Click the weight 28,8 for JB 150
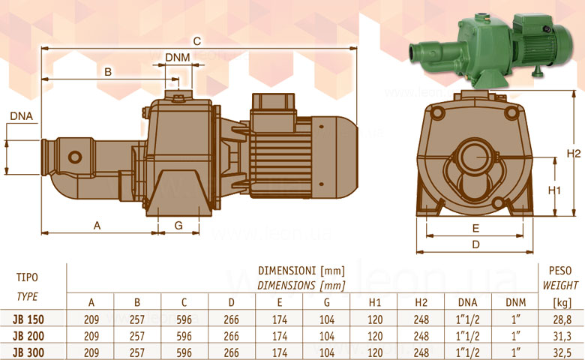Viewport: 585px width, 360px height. [562, 319]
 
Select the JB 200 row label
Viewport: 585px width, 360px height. [28, 336]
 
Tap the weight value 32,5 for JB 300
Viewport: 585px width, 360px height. [562, 352]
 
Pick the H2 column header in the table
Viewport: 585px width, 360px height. [421, 302]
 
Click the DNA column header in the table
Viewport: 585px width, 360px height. [467, 302]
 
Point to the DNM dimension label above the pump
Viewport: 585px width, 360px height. [177, 58]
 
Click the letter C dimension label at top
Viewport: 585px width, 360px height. [197, 41]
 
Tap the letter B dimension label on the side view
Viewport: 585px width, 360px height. [108, 72]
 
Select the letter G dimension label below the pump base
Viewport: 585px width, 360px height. [178, 225]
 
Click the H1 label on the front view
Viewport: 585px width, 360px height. [554, 190]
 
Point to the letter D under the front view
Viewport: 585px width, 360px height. [475, 244]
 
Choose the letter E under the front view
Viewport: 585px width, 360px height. [475, 228]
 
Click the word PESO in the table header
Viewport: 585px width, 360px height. [560, 271]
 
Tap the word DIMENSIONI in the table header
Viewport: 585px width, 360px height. [286, 271]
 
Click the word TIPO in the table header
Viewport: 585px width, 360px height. [27, 277]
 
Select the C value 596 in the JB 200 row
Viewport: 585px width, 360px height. [184, 336]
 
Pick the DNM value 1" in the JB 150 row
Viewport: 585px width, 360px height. [515, 319]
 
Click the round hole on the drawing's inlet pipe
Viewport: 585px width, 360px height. [74, 157]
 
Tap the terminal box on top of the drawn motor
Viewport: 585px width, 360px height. [274, 112]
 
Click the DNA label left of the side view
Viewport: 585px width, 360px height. [21, 116]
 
